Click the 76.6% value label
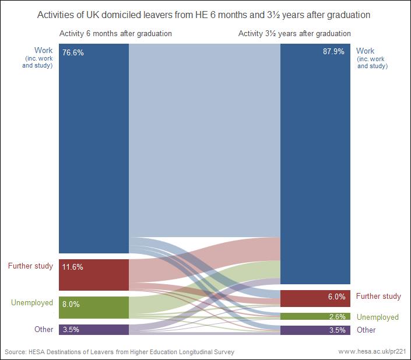click(74, 52)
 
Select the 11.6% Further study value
click(73, 267)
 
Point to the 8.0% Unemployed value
click(71, 304)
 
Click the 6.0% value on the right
click(336, 297)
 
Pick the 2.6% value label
click(336, 316)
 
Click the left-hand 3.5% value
click(71, 330)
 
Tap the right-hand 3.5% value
click(336, 330)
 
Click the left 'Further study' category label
click(30, 266)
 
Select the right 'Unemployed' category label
click(378, 317)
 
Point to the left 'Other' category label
click(44, 329)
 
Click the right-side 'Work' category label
click(366, 51)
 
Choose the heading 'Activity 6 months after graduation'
click(115, 34)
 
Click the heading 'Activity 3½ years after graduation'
click(294, 34)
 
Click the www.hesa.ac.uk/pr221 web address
click(371, 352)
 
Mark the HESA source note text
click(120, 352)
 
